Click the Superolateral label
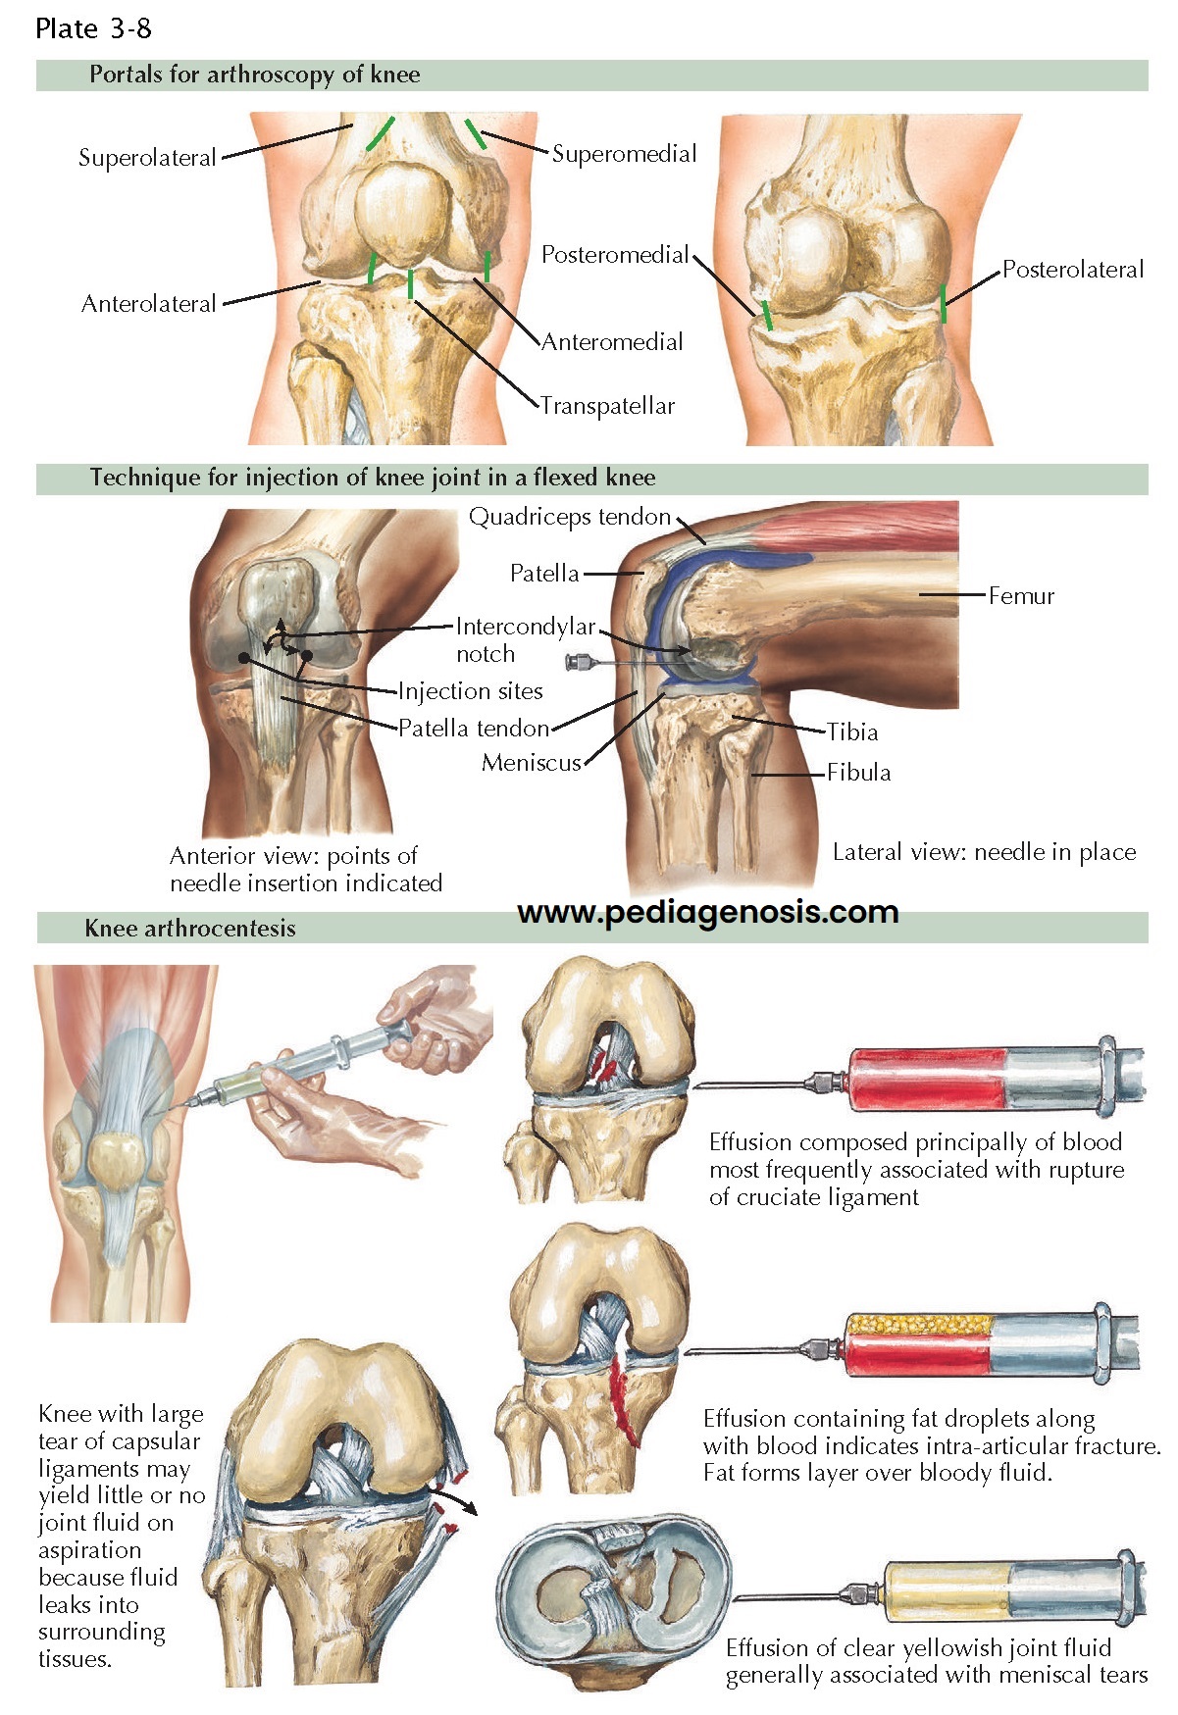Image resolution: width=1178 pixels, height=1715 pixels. (147, 158)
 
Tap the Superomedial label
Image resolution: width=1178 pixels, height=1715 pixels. (624, 154)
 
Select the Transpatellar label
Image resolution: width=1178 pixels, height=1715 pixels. (607, 406)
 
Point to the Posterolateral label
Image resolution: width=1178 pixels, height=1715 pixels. (1073, 270)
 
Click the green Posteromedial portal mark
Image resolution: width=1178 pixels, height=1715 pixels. (767, 315)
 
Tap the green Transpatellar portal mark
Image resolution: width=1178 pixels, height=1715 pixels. (410, 283)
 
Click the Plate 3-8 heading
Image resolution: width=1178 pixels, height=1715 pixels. (93, 28)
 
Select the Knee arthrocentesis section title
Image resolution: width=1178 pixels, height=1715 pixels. (190, 928)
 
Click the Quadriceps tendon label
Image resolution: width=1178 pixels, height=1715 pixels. (569, 517)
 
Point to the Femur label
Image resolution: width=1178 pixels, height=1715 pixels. (1021, 595)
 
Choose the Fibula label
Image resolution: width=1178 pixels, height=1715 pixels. (858, 773)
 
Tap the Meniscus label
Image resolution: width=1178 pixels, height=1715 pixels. (531, 763)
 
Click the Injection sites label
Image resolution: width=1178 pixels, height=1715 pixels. (470, 691)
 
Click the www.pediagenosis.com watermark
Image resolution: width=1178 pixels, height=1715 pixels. (707, 913)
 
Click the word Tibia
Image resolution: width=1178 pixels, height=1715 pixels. (852, 732)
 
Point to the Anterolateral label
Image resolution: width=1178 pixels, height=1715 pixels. (148, 304)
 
